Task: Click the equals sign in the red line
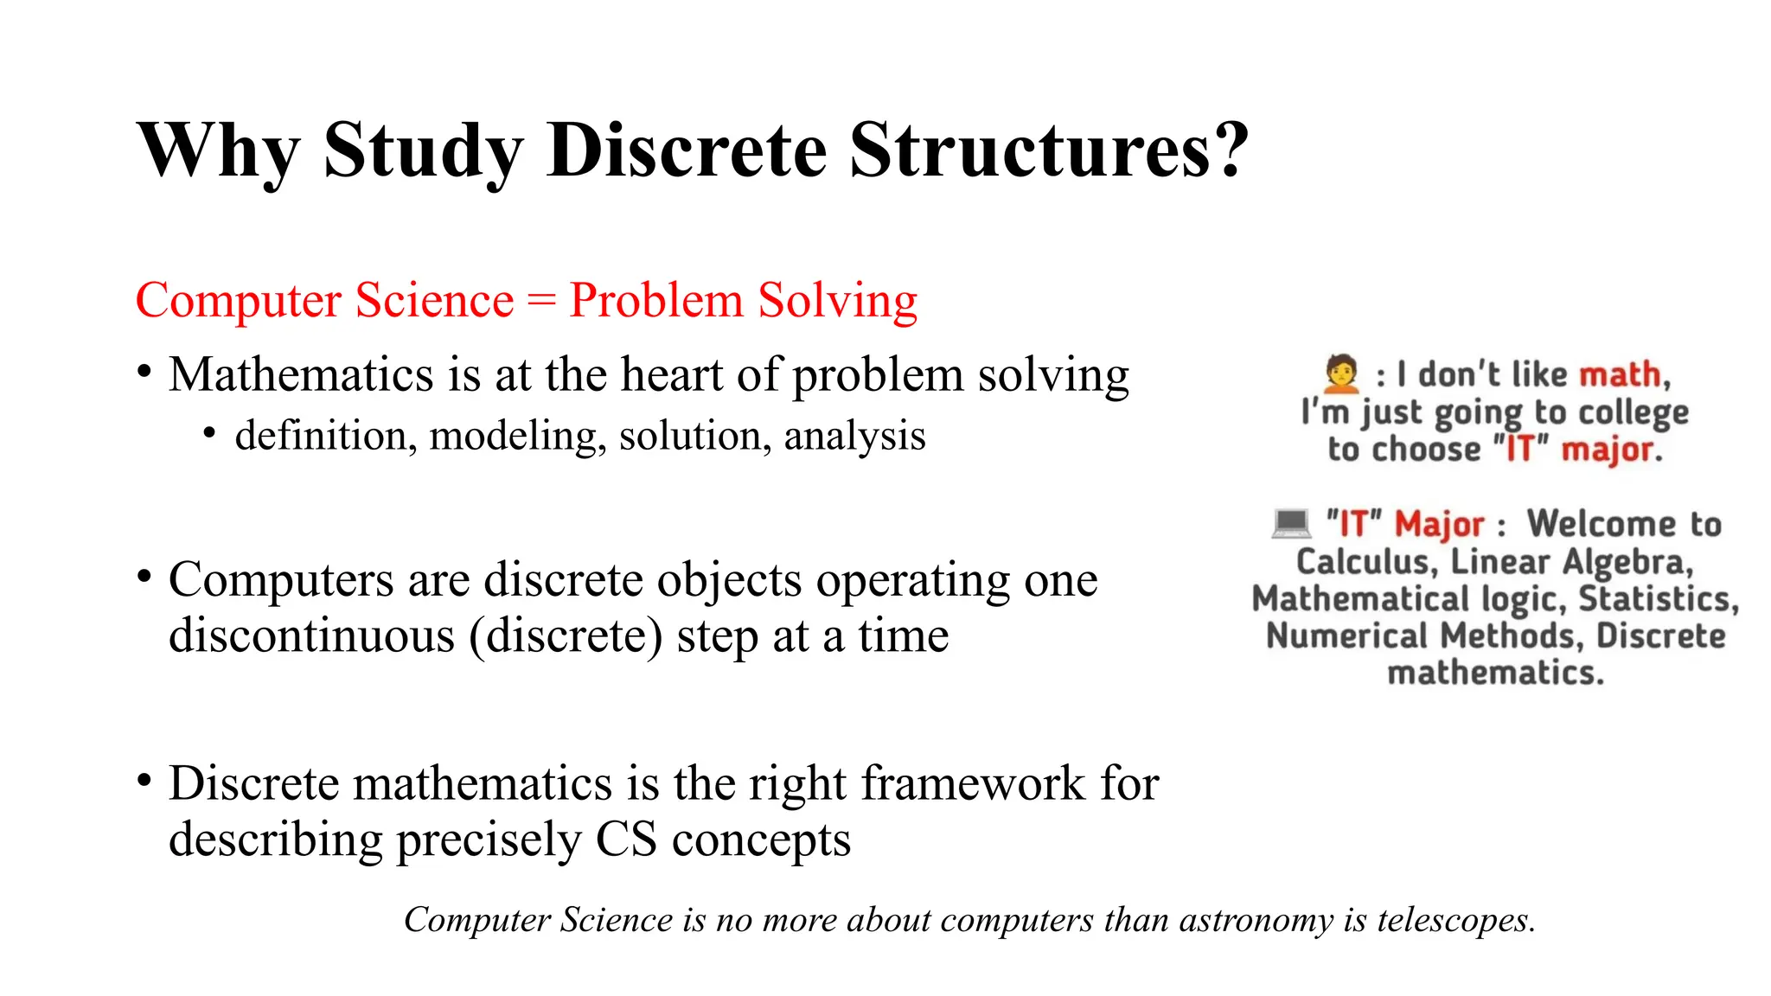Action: click(x=541, y=301)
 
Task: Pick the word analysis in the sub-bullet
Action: click(x=854, y=436)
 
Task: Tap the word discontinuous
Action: click(x=311, y=636)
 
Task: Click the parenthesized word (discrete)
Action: click(x=566, y=636)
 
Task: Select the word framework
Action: click(x=974, y=783)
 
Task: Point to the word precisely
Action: click(x=489, y=840)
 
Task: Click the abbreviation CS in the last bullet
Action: click(x=626, y=840)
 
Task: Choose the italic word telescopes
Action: click(x=1456, y=920)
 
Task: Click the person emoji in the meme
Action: click(x=1341, y=373)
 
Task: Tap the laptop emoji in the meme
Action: click(x=1292, y=523)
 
